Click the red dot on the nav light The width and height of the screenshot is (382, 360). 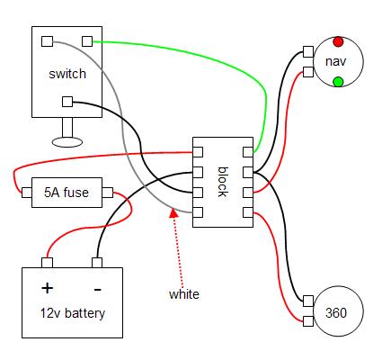[x=338, y=41]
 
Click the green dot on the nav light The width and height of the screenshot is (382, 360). [x=338, y=82]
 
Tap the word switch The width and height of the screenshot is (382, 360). [x=67, y=74]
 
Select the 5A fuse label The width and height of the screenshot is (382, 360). [x=67, y=193]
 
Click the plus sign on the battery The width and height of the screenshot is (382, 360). [x=48, y=288]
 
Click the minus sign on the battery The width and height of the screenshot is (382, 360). [x=98, y=290]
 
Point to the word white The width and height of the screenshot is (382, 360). [x=184, y=294]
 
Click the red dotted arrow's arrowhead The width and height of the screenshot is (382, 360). [x=173, y=212]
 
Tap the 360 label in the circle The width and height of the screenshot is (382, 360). [x=336, y=313]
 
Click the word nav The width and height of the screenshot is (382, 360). [x=335, y=61]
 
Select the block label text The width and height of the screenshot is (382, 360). [x=222, y=182]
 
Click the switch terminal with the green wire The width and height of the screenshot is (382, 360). [x=87, y=41]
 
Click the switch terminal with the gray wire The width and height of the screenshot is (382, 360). [x=47, y=41]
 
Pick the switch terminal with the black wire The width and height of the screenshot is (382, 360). [x=67, y=102]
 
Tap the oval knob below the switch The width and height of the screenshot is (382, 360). [x=67, y=142]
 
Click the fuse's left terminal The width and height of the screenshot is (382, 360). [x=27, y=193]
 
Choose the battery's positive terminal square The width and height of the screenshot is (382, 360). [x=47, y=263]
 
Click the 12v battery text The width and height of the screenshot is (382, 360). [x=73, y=313]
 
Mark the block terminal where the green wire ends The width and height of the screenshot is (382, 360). [x=248, y=152]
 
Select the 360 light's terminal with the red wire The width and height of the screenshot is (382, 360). [x=308, y=321]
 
